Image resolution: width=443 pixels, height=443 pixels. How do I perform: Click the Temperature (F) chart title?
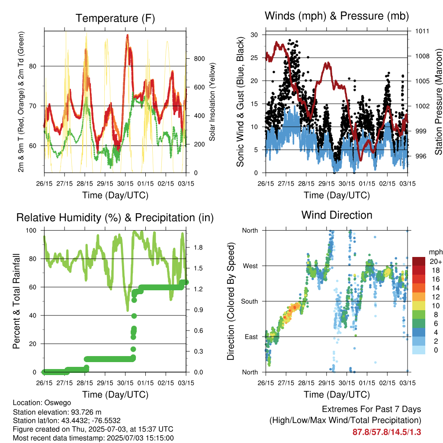[115, 18]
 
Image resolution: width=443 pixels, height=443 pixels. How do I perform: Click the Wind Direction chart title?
[337, 215]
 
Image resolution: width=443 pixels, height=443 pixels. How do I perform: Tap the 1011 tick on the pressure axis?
[422, 31]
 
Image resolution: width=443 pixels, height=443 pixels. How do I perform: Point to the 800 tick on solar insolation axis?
[199, 59]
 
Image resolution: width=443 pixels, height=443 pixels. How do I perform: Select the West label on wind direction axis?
[250, 266]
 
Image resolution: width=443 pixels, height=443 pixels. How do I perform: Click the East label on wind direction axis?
[251, 337]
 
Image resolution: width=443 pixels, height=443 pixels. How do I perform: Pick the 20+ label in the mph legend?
[436, 261]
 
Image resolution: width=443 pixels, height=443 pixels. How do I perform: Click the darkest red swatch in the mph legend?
[419, 261]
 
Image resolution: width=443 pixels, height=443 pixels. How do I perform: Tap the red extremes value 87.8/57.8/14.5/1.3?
[387, 432]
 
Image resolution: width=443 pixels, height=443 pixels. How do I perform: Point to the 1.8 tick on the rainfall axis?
[198, 247]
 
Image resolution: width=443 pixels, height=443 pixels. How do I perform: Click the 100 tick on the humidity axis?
[31, 231]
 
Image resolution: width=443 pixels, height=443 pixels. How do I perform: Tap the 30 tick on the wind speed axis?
[254, 35]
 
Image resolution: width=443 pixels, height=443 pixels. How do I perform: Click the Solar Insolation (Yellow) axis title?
[212, 102]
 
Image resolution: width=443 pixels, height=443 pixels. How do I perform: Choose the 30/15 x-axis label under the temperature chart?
[125, 183]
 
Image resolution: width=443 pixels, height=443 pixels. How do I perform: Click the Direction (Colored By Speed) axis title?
[231, 301]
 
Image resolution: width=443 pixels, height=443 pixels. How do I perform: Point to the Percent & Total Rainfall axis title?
[16, 301]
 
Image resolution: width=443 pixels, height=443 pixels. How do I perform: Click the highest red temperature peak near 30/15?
[128, 35]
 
